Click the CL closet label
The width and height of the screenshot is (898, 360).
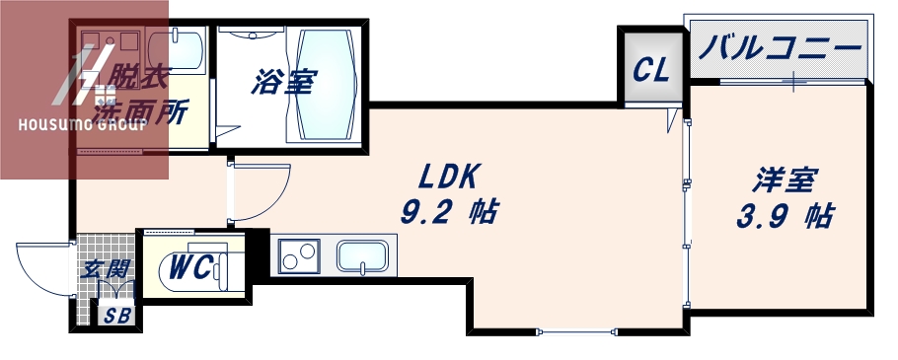(x=650, y=70)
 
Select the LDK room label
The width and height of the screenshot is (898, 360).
(x=449, y=177)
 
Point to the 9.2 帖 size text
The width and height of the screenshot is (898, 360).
(x=449, y=210)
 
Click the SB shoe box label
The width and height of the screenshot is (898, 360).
(x=116, y=317)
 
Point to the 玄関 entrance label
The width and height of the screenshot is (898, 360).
(x=106, y=267)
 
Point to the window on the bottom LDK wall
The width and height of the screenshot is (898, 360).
(x=577, y=331)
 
